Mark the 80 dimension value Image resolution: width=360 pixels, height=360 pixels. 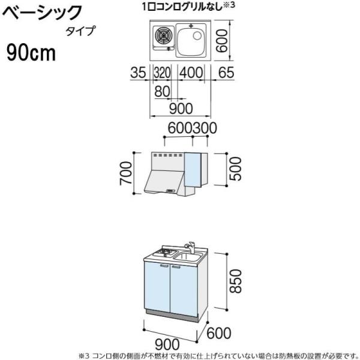coord(161,91)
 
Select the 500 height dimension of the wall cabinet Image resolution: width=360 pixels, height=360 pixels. coord(236,169)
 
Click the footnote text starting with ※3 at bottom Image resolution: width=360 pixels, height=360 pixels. coord(219,355)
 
